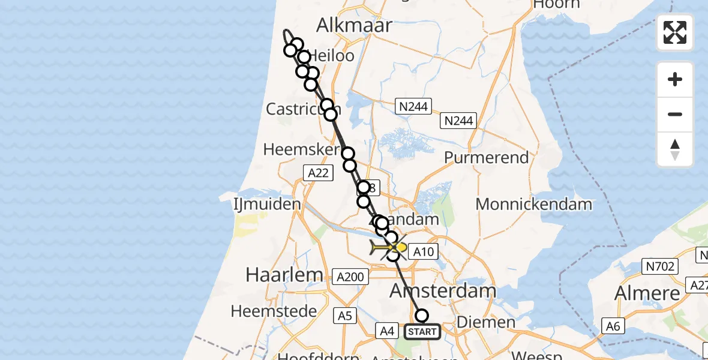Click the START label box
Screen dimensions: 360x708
[x=422, y=331]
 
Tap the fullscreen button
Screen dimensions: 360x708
[x=675, y=32]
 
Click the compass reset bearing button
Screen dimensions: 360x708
[x=675, y=149]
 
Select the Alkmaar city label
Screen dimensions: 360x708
[x=354, y=25]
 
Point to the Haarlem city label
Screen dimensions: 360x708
[x=284, y=275]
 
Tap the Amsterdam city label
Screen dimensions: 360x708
[x=443, y=292]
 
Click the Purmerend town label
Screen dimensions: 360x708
[x=486, y=158]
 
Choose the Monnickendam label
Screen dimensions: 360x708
[x=533, y=204]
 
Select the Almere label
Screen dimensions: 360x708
[x=647, y=293]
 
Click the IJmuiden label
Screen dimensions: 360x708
[x=267, y=204]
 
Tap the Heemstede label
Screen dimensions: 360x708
[x=274, y=311]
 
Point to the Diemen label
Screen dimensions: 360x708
[x=486, y=322]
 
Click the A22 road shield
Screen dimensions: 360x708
[x=318, y=173]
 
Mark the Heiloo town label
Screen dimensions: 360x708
[x=332, y=56]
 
